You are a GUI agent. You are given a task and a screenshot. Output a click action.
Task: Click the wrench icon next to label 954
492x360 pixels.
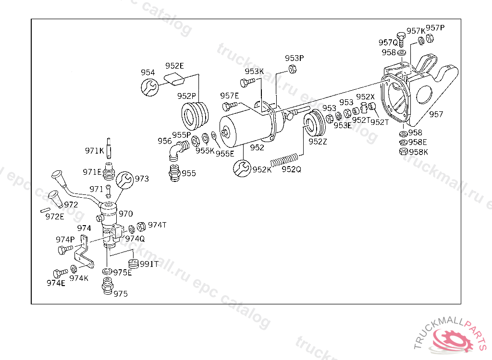150,87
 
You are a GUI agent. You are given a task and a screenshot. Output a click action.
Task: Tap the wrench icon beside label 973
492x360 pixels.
125,180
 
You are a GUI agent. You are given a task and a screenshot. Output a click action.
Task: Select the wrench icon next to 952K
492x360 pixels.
242,168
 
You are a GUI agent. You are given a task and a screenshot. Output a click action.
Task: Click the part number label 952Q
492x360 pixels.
292,169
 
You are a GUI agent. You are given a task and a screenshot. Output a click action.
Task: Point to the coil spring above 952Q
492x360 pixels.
284,160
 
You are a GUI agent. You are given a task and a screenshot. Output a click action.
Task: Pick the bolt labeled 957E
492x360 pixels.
230,106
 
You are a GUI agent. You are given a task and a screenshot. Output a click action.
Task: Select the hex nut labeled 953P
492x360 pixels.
292,69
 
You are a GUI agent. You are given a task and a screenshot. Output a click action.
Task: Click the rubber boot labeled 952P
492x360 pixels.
195,116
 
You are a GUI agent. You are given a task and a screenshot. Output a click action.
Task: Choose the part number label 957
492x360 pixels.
436,114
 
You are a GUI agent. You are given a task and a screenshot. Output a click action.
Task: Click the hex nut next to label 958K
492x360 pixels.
404,152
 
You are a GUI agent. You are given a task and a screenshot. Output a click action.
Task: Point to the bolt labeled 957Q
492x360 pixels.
401,39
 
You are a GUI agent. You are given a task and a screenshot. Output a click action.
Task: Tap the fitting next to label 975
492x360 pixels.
107,286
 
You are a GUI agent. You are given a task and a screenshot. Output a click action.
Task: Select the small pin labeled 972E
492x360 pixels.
46,210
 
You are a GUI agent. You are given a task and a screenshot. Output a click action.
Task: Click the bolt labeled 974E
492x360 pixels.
60,273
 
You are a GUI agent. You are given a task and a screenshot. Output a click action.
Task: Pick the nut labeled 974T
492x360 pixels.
142,226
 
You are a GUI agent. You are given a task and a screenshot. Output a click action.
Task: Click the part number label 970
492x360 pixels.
126,214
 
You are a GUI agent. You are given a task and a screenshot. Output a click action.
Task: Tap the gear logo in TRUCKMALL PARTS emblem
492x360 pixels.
452,339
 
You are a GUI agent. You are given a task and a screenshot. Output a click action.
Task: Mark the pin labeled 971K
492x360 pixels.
109,148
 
